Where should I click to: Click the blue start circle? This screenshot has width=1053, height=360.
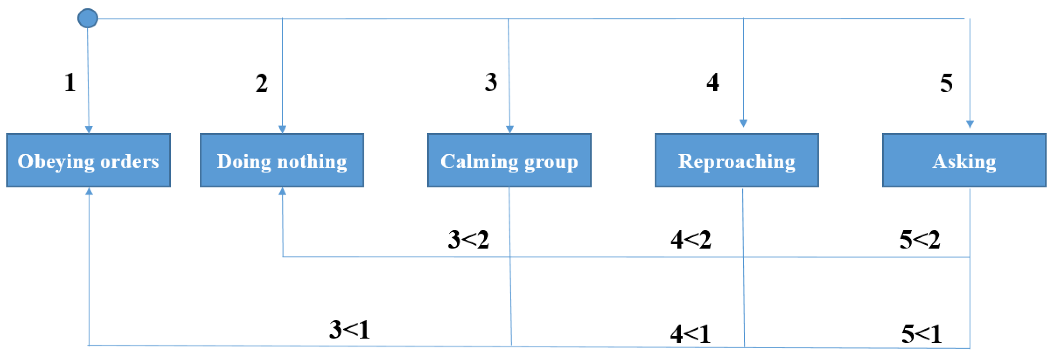tap(88, 18)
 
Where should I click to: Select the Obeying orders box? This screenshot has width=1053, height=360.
tap(88, 160)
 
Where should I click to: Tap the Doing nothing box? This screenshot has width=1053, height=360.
tap(282, 160)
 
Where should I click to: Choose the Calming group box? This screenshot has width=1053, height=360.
tap(509, 160)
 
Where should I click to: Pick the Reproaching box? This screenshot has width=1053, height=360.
tap(736, 160)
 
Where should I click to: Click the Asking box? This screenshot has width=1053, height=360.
tap(964, 160)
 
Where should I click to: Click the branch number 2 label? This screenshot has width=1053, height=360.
tap(262, 83)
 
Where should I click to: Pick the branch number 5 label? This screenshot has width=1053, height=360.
tap(946, 83)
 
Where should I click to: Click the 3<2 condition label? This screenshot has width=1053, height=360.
tap(469, 239)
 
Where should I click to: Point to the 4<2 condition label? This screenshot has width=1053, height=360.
tap(691, 239)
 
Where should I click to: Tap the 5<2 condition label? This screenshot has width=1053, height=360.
tap(920, 239)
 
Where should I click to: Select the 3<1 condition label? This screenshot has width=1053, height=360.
tap(350, 330)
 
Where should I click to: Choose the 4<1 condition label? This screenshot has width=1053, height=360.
tap(690, 334)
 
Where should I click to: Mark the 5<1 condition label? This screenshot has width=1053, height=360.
tap(922, 334)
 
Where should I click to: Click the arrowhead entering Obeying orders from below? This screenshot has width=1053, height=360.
tap(89, 191)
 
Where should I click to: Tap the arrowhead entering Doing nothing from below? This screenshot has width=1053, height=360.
tap(282, 191)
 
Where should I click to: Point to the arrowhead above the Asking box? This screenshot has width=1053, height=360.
tap(970, 124)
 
